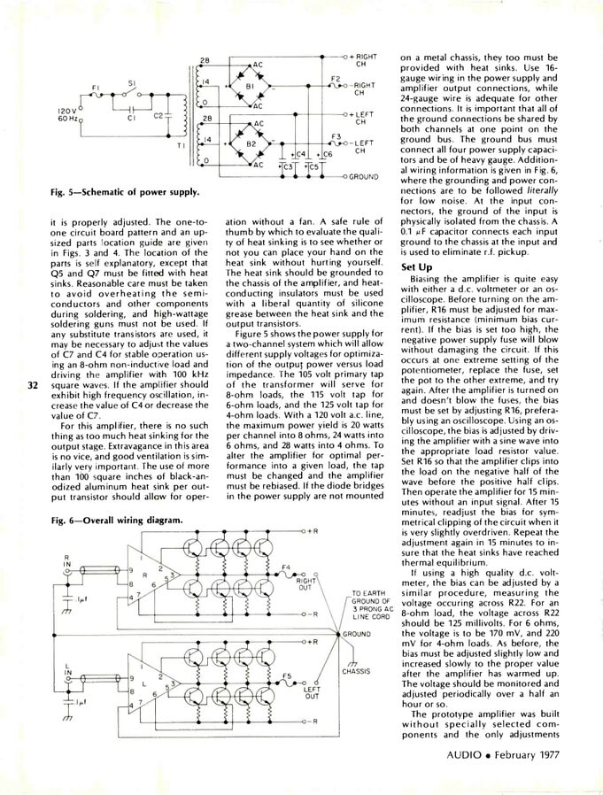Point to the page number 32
(33, 385)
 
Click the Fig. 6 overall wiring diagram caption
(115, 520)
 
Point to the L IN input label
(67, 665)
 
